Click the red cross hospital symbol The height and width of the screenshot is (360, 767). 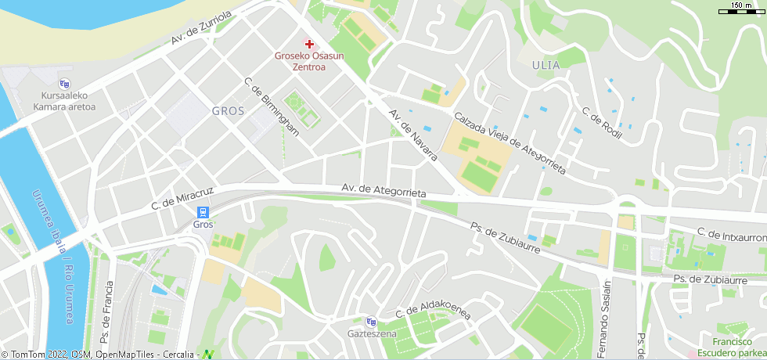coord(309,44)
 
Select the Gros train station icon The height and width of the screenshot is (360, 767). coord(203,212)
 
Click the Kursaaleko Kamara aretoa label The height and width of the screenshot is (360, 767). coord(64,102)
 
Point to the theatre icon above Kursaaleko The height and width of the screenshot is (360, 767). coord(64,84)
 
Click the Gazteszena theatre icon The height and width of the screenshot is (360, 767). coord(371,322)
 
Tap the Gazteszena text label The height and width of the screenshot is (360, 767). coord(372,334)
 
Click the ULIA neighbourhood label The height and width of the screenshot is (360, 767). coord(546,65)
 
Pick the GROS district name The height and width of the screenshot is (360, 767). coord(228,111)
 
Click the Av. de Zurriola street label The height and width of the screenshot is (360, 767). coord(202,29)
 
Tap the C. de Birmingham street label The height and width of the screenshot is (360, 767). coord(272,107)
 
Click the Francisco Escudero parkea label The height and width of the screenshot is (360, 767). coord(738,347)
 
